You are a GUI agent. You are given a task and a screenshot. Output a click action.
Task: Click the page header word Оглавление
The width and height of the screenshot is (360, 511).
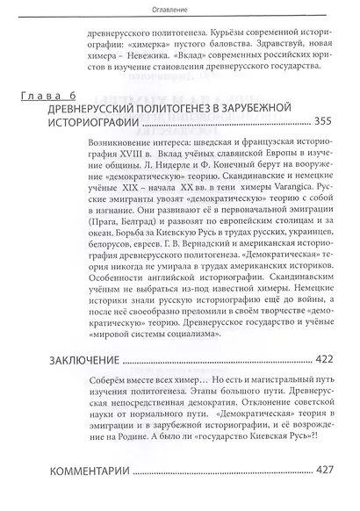(180, 10)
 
